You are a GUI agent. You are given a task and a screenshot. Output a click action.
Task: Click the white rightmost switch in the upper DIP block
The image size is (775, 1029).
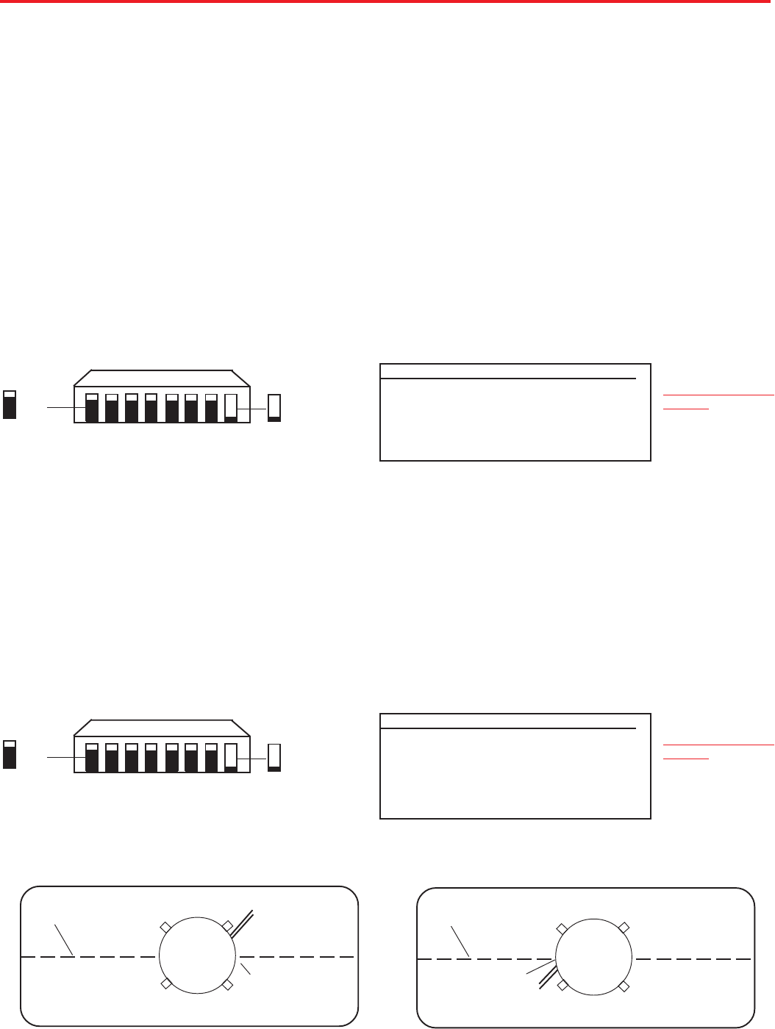(x=231, y=408)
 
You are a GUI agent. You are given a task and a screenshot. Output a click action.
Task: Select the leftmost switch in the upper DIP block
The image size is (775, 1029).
(x=92, y=408)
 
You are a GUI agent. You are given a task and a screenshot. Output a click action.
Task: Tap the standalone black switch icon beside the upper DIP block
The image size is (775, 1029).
(x=10, y=405)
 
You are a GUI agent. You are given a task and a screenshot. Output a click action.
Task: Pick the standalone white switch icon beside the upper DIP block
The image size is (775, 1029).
(x=274, y=408)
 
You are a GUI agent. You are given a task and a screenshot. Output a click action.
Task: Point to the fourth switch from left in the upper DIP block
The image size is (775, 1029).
(x=151, y=408)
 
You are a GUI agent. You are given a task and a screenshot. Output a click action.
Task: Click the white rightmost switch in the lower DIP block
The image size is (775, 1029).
(x=231, y=758)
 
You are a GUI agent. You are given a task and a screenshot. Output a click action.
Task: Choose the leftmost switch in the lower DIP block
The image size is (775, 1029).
(x=92, y=758)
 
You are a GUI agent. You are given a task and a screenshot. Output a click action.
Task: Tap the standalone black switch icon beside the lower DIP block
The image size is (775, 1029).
(x=10, y=755)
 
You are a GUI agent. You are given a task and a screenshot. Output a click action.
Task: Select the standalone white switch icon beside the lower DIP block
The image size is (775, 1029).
(x=274, y=758)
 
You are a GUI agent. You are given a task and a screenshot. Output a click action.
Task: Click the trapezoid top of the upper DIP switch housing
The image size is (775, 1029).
(x=162, y=377)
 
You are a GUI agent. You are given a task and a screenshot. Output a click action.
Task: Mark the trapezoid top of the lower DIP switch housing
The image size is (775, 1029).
(x=162, y=727)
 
